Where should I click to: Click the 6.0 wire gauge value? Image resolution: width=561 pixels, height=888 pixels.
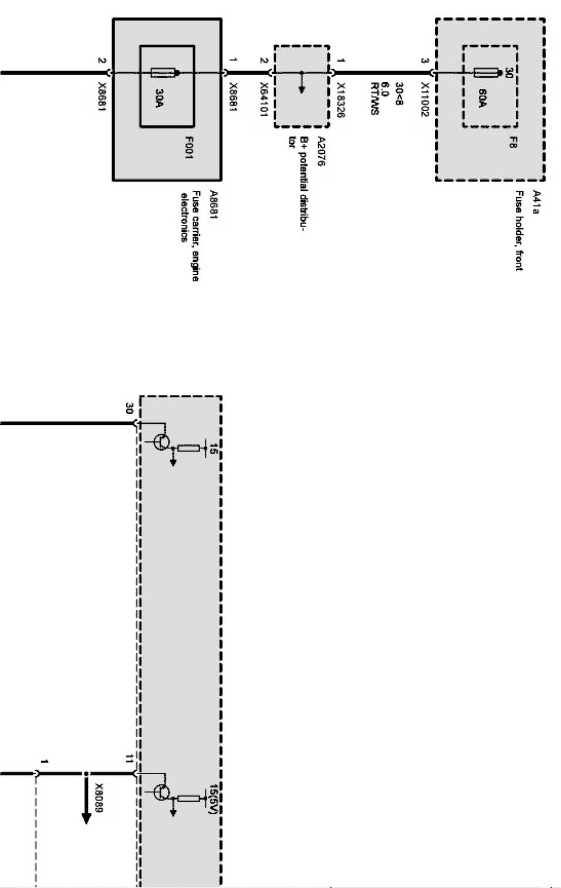pyautogui.click(x=385, y=89)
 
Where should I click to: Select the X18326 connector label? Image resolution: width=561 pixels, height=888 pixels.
pyautogui.click(x=341, y=100)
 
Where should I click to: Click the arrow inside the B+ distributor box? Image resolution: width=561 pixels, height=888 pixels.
pyautogui.click(x=302, y=83)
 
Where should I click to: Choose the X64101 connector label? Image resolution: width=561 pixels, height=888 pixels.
pyautogui.click(x=263, y=99)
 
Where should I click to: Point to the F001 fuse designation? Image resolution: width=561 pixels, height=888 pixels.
pyautogui.click(x=189, y=147)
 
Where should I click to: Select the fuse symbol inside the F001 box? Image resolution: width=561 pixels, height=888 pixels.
pyautogui.click(x=164, y=73)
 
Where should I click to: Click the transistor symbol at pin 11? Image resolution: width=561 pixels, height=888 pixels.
pyautogui.click(x=161, y=792)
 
